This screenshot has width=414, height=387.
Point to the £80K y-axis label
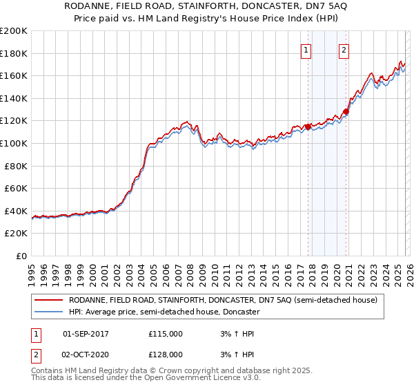pos(16,166)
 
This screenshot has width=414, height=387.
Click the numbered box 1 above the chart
pos(306,49)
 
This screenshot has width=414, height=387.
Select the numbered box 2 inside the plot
pos(344,49)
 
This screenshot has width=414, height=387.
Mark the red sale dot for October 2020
pos(346,112)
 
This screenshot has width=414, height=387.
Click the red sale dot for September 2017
pos(308,126)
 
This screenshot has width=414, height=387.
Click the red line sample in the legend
pos(48,301)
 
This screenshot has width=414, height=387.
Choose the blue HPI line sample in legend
pos(48,312)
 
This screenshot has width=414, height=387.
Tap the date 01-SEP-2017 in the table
pos(86,334)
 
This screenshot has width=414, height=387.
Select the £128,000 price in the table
pos(166,354)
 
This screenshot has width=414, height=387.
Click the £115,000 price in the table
pos(166,334)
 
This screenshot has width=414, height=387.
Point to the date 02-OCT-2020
pos(86,354)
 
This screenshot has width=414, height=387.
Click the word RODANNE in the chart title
pos(107,7)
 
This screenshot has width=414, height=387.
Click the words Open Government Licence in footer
pos(201,379)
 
